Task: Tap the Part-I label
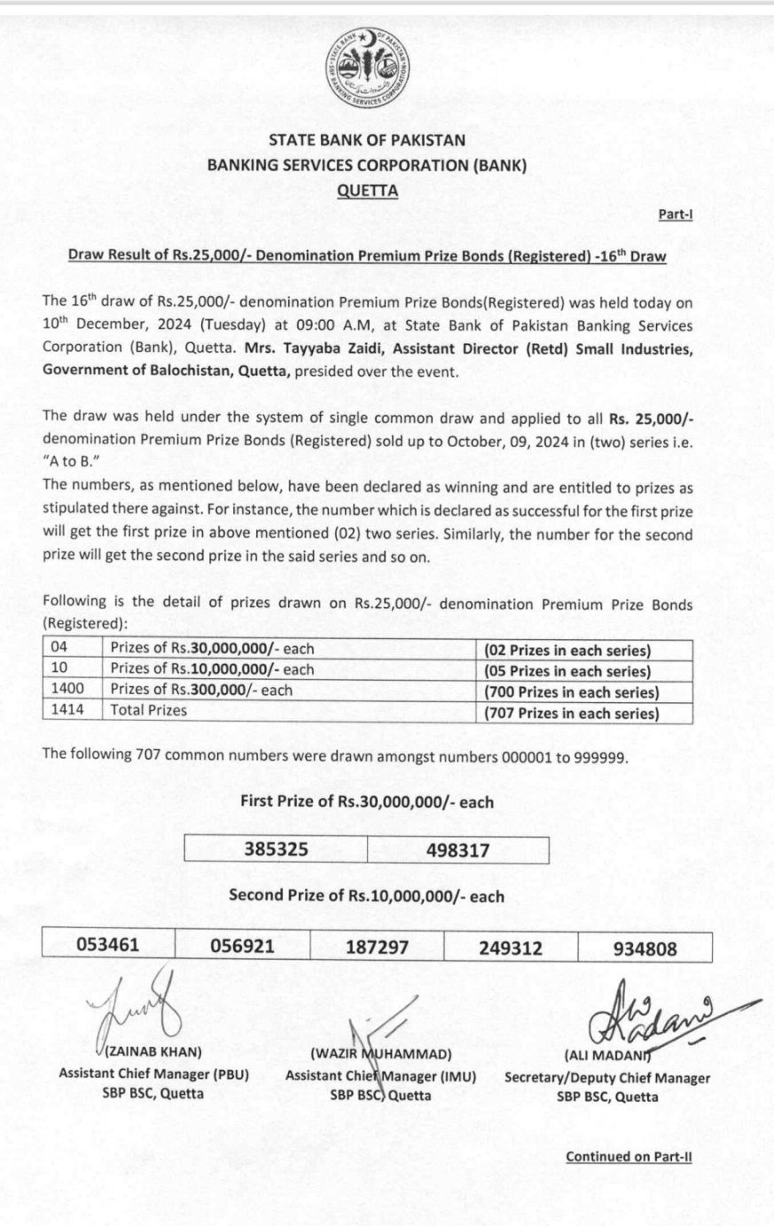[x=676, y=215]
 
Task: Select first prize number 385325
[x=276, y=849]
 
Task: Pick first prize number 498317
[x=457, y=850]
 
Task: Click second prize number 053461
[x=108, y=946]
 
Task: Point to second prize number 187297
[x=377, y=948]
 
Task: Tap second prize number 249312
[x=511, y=948]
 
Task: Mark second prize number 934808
[x=645, y=949]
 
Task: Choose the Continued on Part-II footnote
[x=629, y=1156]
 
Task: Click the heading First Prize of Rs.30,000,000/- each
[x=367, y=801]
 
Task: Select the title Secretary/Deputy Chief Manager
[x=607, y=1078]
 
